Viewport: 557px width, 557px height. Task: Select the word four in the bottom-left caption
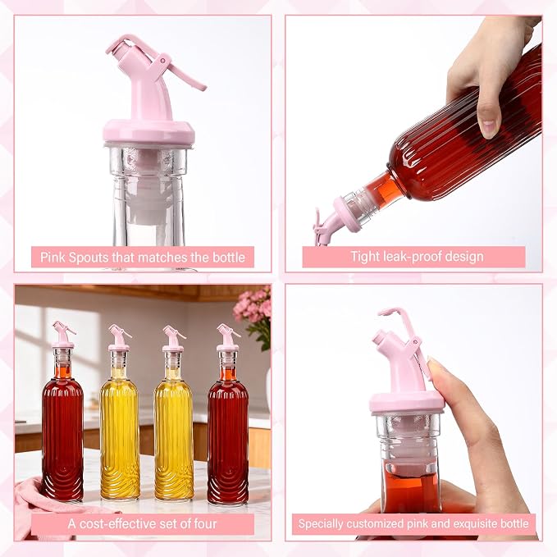coord(205,523)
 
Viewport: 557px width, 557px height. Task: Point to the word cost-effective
coord(118,523)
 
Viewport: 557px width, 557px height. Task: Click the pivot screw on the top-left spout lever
coord(163,61)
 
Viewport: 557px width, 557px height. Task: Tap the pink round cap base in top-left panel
coord(148,132)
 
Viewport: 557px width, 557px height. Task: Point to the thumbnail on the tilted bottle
coord(489,127)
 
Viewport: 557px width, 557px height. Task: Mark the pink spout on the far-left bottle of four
coord(63,335)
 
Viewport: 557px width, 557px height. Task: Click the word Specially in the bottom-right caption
coord(321,523)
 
